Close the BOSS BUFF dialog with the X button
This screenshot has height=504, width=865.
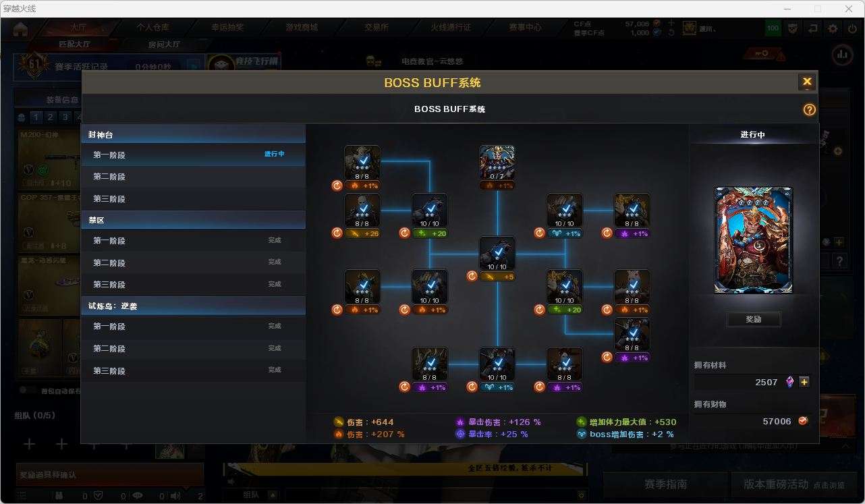pyautogui.click(x=807, y=82)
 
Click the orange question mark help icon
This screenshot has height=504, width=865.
pyautogui.click(x=809, y=110)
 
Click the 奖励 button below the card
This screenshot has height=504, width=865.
pyautogui.click(x=753, y=319)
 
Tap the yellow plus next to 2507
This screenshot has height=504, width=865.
pyautogui.click(x=804, y=382)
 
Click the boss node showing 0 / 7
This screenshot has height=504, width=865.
pyautogui.click(x=497, y=163)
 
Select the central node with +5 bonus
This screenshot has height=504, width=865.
pyautogui.click(x=497, y=254)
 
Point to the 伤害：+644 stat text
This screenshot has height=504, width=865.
pyautogui.click(x=370, y=422)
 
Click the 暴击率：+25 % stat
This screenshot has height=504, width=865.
pyautogui.click(x=498, y=435)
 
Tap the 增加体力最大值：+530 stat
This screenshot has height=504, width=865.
pyautogui.click(x=632, y=422)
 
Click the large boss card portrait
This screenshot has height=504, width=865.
pyautogui.click(x=753, y=240)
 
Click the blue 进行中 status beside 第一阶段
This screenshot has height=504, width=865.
pyautogui.click(x=274, y=155)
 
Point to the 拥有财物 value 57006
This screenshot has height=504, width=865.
pyautogui.click(x=777, y=421)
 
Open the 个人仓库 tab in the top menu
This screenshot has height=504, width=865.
pyautogui.click(x=153, y=28)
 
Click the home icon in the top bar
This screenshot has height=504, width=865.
pyautogui.click(x=20, y=28)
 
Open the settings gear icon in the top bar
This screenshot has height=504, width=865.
pyautogui.click(x=833, y=28)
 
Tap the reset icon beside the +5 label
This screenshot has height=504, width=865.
pyautogui.click(x=472, y=276)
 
